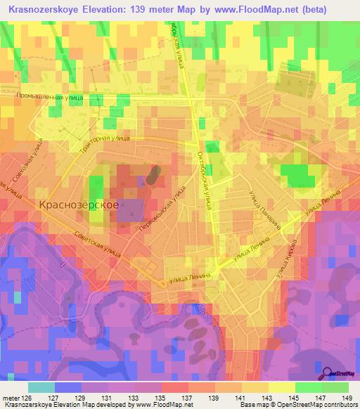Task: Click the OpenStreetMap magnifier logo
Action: pyautogui.click(x=328, y=373)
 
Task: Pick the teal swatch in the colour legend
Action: pyautogui.click(x=41, y=387)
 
